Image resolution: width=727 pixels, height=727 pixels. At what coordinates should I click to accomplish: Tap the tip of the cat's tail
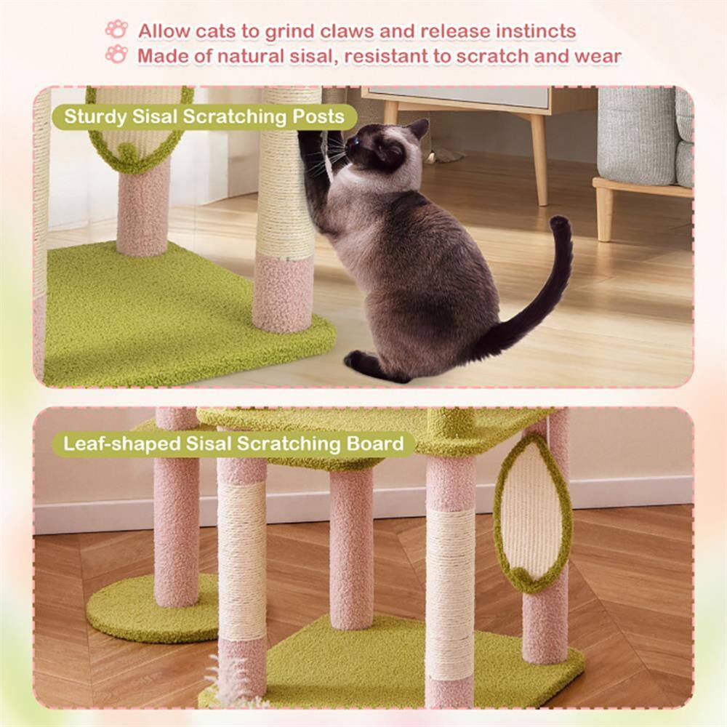[558, 221]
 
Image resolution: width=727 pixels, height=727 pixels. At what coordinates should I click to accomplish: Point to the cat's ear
[419, 129]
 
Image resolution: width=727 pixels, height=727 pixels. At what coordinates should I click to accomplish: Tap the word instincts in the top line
[536, 31]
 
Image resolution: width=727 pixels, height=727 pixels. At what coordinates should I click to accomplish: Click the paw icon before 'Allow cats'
[116, 29]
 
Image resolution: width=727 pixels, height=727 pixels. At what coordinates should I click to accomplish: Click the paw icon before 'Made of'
[116, 54]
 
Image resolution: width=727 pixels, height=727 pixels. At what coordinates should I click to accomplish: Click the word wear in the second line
[598, 56]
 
